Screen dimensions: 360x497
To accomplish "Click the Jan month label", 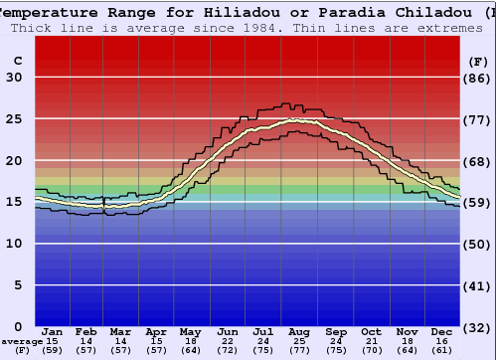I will click(53, 331).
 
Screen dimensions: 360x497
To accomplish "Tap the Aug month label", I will click(299, 331).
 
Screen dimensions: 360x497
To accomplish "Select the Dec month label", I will click(442, 331).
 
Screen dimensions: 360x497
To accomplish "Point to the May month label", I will click(191, 331).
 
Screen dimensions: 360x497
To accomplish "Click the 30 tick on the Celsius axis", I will click(15, 78).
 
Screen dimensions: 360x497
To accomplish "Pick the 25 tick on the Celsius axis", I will click(15, 119).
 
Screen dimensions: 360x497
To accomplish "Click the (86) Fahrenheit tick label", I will click(477, 78).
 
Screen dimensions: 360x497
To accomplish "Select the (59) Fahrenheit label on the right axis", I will click(477, 203).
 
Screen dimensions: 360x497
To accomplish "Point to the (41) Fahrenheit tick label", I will click(477, 285).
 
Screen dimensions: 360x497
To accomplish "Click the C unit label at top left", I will click(17, 61).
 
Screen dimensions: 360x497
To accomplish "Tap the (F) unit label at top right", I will click(477, 61).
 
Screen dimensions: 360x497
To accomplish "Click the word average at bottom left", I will click(22, 341).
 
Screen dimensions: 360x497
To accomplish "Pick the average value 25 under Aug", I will click(299, 341).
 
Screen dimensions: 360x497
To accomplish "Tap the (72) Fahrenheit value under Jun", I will click(228, 350).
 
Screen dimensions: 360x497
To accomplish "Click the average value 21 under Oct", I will click(371, 341).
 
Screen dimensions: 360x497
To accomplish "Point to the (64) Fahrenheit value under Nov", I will click(407, 350).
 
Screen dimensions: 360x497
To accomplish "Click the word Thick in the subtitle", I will click(33, 28).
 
